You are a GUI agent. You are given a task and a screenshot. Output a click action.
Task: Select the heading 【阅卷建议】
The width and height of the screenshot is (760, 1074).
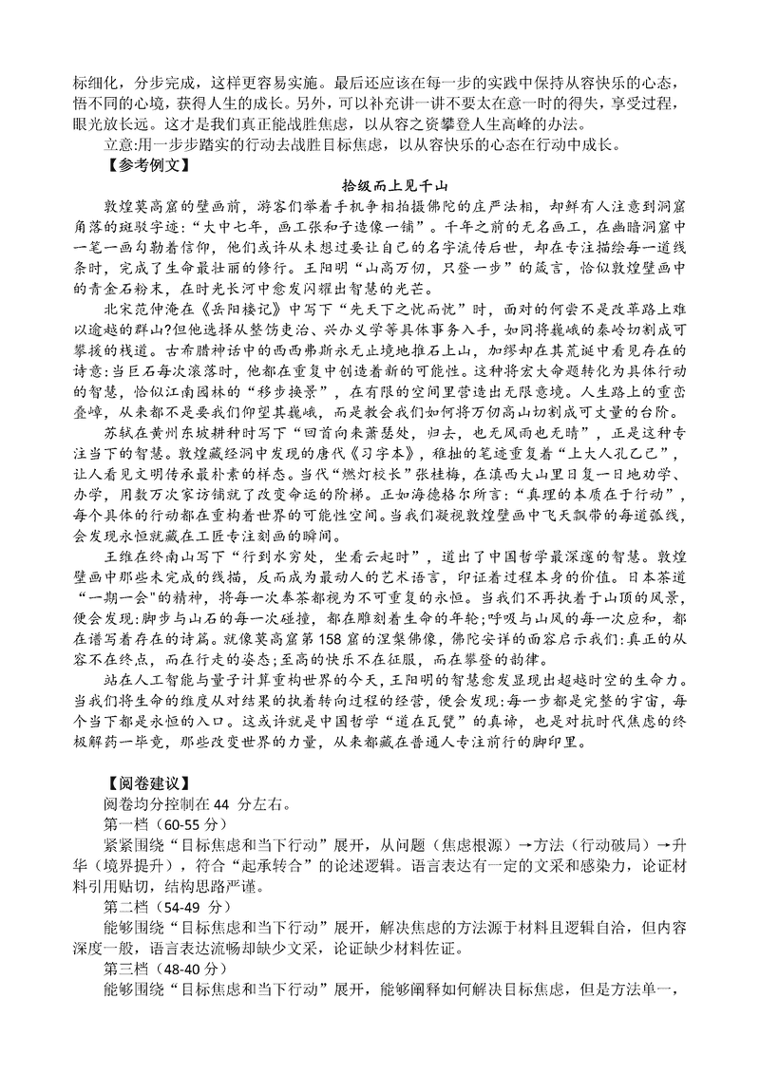[x=139, y=783]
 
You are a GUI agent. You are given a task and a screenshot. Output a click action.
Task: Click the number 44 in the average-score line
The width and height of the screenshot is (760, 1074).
[x=222, y=804]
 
